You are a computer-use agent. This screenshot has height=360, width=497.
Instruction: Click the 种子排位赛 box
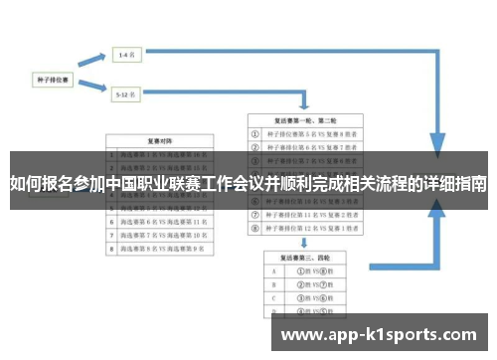52,76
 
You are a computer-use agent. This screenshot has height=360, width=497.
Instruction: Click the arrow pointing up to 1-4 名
94,62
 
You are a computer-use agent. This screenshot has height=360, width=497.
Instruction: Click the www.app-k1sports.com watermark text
379,335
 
